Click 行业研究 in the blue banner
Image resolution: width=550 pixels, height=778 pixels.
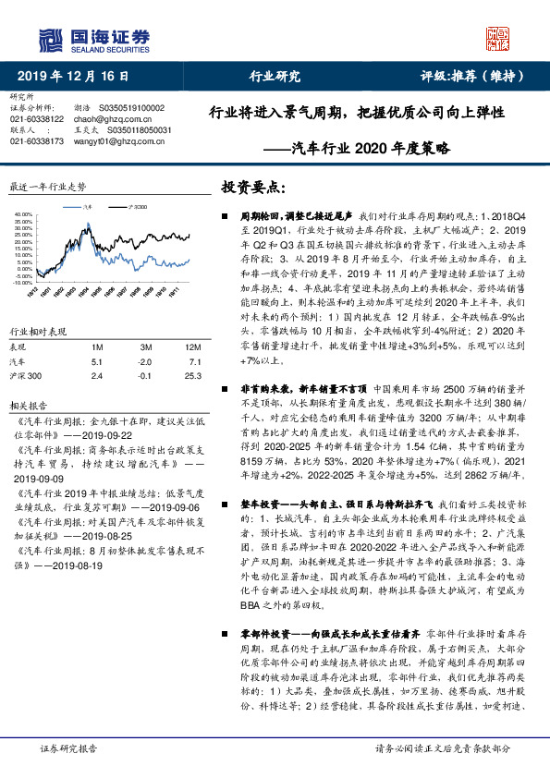pos(275,76)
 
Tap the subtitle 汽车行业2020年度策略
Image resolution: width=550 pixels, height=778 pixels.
pos(369,147)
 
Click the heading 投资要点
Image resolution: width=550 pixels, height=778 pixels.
pos(251,188)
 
